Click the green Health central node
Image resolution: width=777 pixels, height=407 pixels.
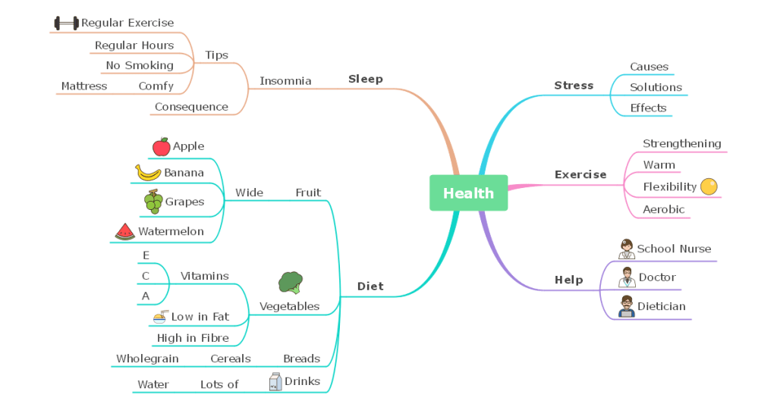[x=468, y=193]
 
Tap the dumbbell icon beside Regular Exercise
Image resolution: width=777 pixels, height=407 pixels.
[x=66, y=23]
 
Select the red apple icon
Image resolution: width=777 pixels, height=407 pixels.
[x=161, y=146]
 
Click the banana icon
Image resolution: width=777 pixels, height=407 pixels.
[x=148, y=173]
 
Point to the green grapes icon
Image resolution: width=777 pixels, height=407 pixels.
[x=153, y=202]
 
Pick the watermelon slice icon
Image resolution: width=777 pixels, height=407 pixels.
[x=125, y=231]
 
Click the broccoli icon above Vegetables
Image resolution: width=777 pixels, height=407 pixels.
[x=290, y=283]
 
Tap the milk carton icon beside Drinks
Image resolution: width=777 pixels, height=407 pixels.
[x=275, y=382]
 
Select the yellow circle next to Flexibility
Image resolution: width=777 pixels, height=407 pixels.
[x=709, y=186]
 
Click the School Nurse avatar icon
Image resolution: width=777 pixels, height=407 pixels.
[x=626, y=249]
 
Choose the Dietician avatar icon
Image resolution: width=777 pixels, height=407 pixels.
[x=626, y=307]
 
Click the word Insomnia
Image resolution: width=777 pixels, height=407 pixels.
[x=285, y=81]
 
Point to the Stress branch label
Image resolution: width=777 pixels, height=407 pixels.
[x=574, y=86]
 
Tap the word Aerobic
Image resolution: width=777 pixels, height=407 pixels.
[x=663, y=209]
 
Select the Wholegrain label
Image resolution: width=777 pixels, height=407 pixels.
[x=147, y=358]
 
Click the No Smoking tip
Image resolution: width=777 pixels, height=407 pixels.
[x=140, y=65]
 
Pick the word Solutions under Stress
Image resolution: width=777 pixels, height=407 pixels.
[x=656, y=87]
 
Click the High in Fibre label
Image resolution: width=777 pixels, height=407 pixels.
[x=193, y=338]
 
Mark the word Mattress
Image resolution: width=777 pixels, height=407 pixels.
[x=84, y=86]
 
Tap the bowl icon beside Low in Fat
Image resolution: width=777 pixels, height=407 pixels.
[x=160, y=316]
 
